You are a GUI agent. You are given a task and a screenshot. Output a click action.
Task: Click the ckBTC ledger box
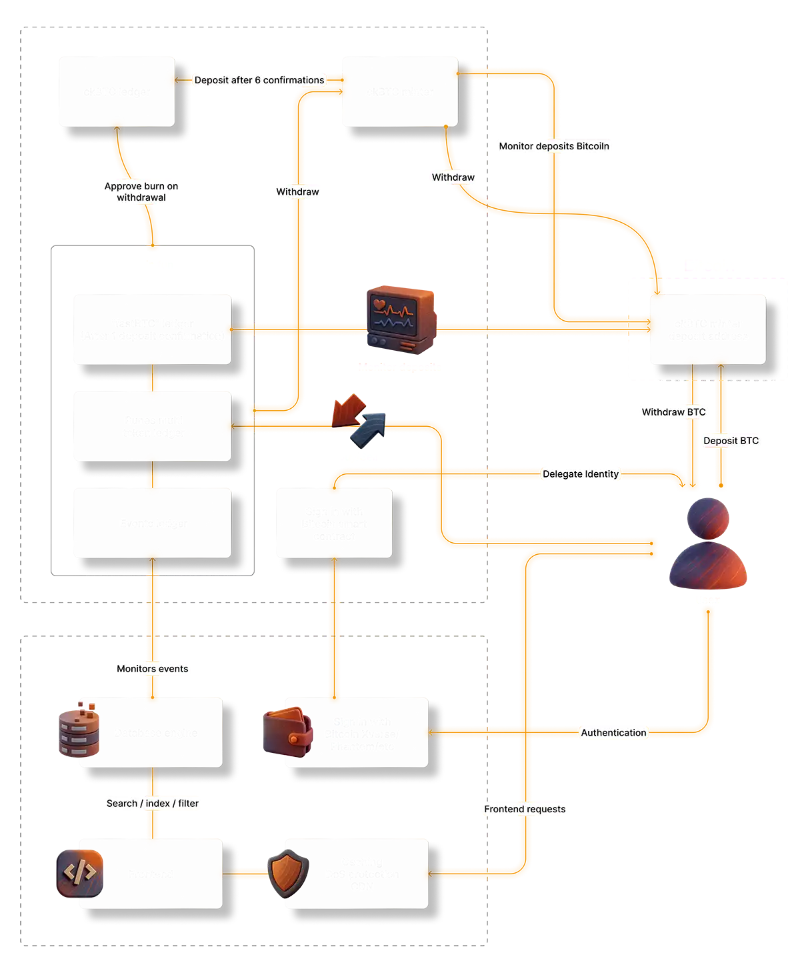point(117,91)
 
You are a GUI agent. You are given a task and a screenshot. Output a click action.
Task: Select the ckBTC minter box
point(399,91)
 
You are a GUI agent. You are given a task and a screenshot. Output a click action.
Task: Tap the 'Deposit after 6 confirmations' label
point(259,80)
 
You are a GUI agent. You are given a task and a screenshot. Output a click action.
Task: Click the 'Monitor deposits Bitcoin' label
point(553,146)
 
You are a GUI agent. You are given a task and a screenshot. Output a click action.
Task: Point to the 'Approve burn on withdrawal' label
point(141,191)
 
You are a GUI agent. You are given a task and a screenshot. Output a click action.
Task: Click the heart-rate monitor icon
point(399,319)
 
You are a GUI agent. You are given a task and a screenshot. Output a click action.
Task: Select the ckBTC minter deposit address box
point(707,330)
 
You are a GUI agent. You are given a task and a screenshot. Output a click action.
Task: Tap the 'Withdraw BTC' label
point(673,412)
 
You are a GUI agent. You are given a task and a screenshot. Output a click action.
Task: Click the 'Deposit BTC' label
point(731,441)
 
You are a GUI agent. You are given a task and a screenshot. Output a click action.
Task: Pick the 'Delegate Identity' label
point(581,474)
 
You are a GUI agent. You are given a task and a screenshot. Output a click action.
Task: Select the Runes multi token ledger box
point(153,426)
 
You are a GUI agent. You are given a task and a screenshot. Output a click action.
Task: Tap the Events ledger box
point(153,523)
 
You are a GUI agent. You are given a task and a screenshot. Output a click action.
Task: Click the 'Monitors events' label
point(152,669)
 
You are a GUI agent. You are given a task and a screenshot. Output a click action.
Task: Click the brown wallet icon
point(287,732)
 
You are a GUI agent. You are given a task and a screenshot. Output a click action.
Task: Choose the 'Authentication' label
point(613,732)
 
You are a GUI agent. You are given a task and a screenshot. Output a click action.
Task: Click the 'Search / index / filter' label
point(152,804)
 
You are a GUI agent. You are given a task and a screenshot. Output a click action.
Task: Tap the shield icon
point(288,872)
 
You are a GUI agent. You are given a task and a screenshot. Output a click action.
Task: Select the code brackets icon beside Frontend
point(79,872)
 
